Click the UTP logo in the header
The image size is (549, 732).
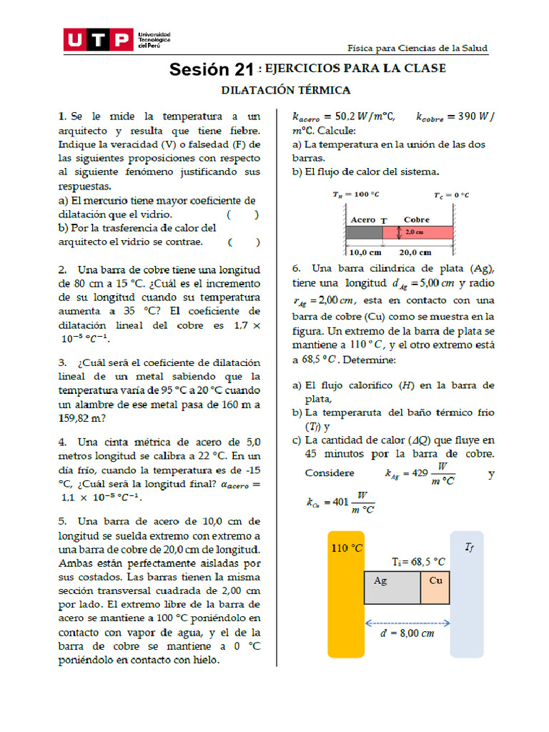point(98,40)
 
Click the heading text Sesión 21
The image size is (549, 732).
point(212,69)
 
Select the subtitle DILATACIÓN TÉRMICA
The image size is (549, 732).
point(286,90)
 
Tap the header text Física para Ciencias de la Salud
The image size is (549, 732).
point(417,48)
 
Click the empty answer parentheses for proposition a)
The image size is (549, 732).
point(243,214)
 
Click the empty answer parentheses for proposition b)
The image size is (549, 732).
point(244,242)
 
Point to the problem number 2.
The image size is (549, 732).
point(63,270)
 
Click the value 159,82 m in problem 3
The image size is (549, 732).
point(81,418)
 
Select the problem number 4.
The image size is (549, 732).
point(63,442)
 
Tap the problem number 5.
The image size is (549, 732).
point(63,521)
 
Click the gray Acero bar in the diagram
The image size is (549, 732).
point(365,232)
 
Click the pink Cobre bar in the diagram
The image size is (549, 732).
point(417,232)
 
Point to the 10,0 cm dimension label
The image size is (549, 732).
point(365,252)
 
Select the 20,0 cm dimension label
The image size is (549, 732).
point(415,252)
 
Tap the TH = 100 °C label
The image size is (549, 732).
point(355,194)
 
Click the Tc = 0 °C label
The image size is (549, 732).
point(451,194)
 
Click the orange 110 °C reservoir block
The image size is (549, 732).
point(345,593)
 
